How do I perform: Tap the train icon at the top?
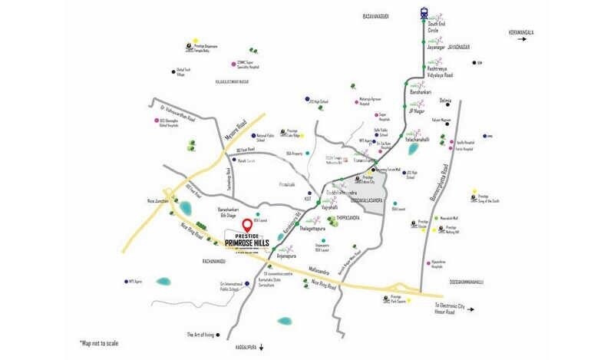pyautogui.click(x=425, y=12)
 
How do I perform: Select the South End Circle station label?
pyautogui.click(x=438, y=29)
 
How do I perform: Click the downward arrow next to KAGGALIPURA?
pyautogui.click(x=262, y=347)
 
